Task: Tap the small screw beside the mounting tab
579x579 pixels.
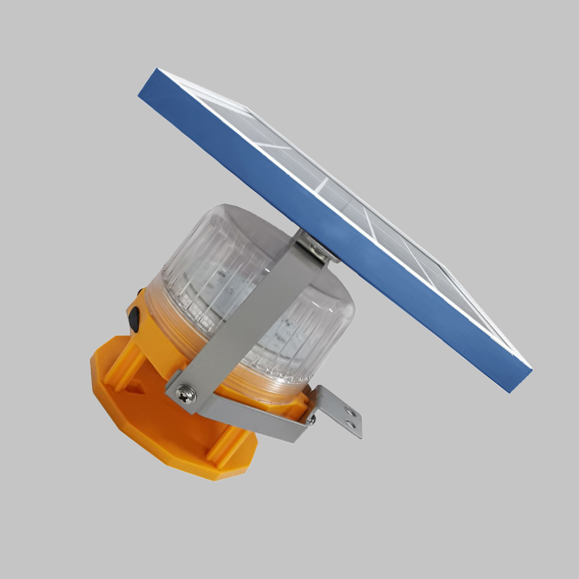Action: click(311, 418)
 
